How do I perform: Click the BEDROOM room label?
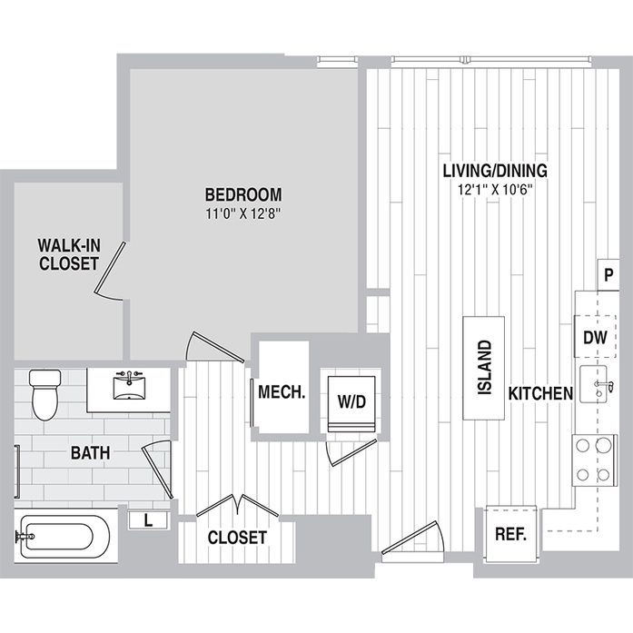coord(242,194)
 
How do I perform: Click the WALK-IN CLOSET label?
coord(68,254)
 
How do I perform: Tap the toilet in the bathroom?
coord(43,394)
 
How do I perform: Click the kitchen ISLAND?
coord(484,368)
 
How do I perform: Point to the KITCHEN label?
coord(539,393)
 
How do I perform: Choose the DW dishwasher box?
coord(594,338)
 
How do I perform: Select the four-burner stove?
coord(591,460)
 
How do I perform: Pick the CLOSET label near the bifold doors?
coord(237,538)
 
